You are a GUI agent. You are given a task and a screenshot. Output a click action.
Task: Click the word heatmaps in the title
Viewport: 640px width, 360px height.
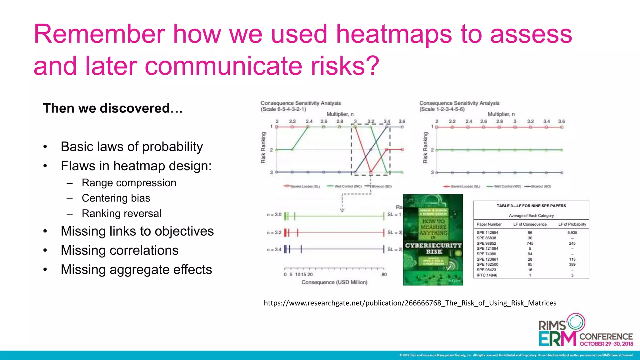394,34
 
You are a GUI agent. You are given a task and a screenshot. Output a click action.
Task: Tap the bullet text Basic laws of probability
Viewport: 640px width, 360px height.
132,147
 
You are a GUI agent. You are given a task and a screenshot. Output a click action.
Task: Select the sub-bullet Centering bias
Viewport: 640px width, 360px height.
116,198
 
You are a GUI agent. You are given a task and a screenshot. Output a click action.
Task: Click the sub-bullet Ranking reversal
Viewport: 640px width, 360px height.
122,213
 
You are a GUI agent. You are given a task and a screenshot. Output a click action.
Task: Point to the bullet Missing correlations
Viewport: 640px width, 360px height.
119,250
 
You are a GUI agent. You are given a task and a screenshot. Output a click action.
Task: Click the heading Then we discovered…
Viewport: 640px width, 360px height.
113,108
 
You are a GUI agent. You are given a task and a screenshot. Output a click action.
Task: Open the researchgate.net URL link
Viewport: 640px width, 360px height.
410,303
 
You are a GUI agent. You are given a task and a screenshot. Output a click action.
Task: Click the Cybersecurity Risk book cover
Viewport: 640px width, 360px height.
433,239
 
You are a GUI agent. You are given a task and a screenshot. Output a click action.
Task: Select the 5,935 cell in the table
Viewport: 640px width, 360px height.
572,232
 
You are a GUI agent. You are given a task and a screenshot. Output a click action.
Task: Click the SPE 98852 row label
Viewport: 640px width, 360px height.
486,243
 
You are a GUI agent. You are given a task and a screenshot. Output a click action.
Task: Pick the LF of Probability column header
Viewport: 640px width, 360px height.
572,224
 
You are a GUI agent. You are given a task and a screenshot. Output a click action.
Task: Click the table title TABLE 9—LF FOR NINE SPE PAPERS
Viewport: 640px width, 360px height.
531,206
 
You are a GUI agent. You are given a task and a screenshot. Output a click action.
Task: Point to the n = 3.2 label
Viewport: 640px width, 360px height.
274,232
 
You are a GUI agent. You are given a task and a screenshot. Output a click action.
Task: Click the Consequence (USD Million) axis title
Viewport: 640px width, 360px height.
334,282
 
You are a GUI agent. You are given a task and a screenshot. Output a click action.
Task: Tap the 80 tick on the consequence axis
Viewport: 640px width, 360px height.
384,274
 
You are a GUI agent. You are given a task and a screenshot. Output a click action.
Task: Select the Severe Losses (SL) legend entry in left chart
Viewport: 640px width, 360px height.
302,186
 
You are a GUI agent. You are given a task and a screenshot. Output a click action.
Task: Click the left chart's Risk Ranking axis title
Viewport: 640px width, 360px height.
263,147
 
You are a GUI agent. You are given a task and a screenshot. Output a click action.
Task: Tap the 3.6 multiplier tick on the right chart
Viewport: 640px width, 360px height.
562,121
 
